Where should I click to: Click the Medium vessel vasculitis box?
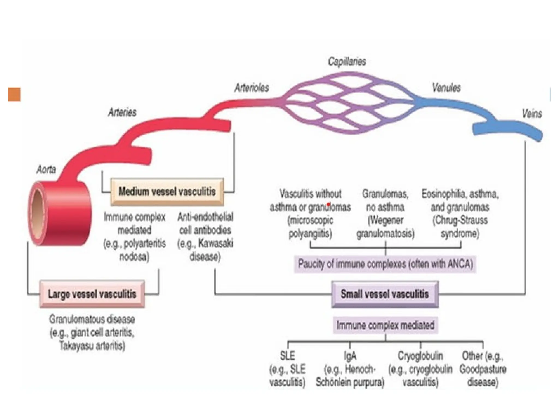tap(167, 192)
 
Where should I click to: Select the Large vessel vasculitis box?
tap(92, 294)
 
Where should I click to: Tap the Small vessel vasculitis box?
tap(385, 294)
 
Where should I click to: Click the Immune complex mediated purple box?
tap(385, 325)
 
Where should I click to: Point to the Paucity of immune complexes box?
tap(385, 264)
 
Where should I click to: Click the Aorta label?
tap(46, 170)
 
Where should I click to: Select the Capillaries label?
tap(347, 62)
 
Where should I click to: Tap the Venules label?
tap(446, 88)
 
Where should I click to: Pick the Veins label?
tap(532, 114)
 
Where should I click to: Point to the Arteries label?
tap(122, 112)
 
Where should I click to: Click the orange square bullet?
tap(14, 94)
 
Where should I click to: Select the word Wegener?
tap(385, 220)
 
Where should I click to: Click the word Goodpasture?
tap(483, 369)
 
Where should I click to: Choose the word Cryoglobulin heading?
tap(420, 356)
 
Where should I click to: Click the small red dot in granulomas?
tap(329, 204)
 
